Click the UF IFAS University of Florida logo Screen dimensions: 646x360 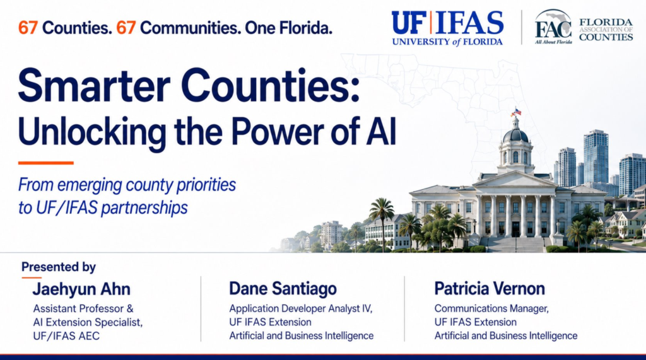tap(447, 28)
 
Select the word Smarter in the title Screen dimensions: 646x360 tap(94, 86)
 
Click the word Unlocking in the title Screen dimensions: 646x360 tap(92, 132)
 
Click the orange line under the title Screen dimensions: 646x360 tap(45, 163)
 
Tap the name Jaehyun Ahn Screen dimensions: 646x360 tap(81, 289)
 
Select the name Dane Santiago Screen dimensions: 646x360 tap(283, 289)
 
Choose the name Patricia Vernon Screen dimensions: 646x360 tap(490, 288)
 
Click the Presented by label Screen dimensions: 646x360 tap(59, 267)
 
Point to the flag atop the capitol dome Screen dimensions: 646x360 tap(517, 112)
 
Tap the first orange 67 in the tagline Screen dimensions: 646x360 tap(28, 28)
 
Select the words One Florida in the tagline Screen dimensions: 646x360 tap(288, 28)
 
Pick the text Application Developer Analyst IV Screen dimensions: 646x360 tap(301, 308)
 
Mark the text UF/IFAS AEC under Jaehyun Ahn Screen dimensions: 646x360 tap(66, 336)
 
